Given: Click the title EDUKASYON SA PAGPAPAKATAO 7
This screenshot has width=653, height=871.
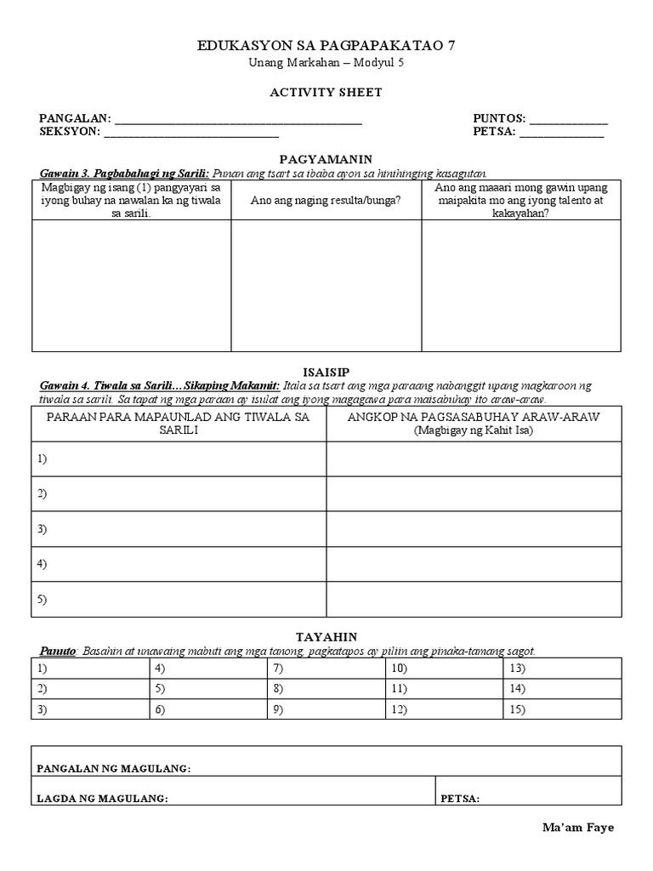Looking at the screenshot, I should (326, 46).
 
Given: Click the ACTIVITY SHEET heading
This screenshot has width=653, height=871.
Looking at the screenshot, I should (326, 92).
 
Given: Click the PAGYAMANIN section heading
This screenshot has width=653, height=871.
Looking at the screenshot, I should (326, 159).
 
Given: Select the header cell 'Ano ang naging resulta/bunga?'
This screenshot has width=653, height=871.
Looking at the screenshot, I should (326, 201).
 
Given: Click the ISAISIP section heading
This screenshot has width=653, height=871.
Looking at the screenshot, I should (326, 372).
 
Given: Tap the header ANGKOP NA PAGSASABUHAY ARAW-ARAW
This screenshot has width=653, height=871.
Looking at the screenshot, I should (474, 417).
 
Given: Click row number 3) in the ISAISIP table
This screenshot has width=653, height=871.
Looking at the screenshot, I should (42, 528).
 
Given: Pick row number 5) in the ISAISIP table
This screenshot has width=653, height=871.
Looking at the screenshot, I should (42, 599).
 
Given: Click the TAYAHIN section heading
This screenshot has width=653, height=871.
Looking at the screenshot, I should (326, 636).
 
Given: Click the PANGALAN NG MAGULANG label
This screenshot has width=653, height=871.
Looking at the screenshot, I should (113, 769).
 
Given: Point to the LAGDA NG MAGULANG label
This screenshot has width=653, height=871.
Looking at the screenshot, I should (102, 799).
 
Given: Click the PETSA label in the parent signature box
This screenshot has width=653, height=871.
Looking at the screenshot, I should (460, 799).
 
